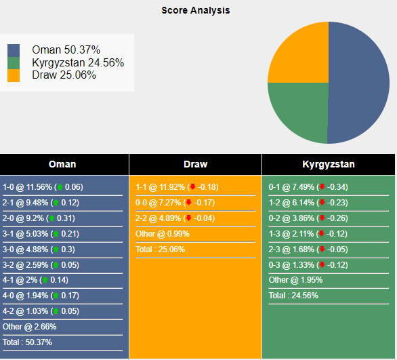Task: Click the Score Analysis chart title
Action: [195, 10]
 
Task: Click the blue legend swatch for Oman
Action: [14, 50]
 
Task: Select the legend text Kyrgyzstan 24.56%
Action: [77, 62]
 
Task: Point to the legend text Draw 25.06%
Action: [64, 75]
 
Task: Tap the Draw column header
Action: [195, 164]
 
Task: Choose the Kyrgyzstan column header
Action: [328, 164]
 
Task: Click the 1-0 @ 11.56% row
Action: [43, 187]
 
